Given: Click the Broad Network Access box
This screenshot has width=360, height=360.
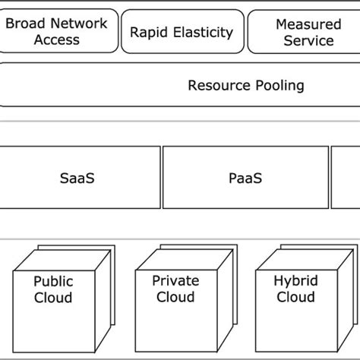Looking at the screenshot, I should coord(56,31).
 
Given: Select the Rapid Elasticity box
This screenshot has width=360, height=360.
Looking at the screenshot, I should coord(181,32).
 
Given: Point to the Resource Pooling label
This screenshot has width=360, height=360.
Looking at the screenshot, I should coord(245,85).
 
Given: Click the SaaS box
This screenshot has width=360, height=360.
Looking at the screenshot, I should coord(80,178).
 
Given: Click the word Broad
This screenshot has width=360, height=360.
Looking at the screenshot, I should coord(24,24).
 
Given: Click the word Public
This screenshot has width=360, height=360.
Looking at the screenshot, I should coord(53,282).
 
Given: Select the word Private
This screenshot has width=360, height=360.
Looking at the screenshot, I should coord(175,281).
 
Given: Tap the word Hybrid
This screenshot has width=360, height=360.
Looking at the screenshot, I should coord(295,281).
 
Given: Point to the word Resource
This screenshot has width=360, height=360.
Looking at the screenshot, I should coord(218,85).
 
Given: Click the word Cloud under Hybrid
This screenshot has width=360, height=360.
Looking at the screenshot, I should coord(295,297).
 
